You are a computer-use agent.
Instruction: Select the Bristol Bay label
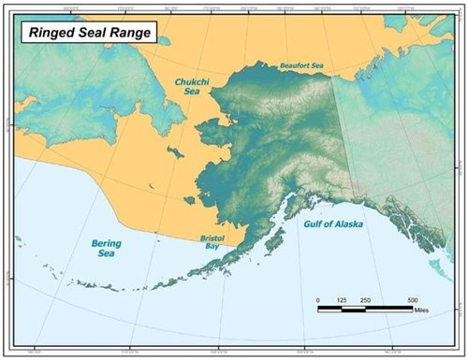212,241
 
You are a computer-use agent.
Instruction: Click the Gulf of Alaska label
335,225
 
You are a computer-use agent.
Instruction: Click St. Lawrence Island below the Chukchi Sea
172,151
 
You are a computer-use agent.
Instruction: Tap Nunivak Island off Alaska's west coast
190,200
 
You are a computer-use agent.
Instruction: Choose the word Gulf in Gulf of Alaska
313,225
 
